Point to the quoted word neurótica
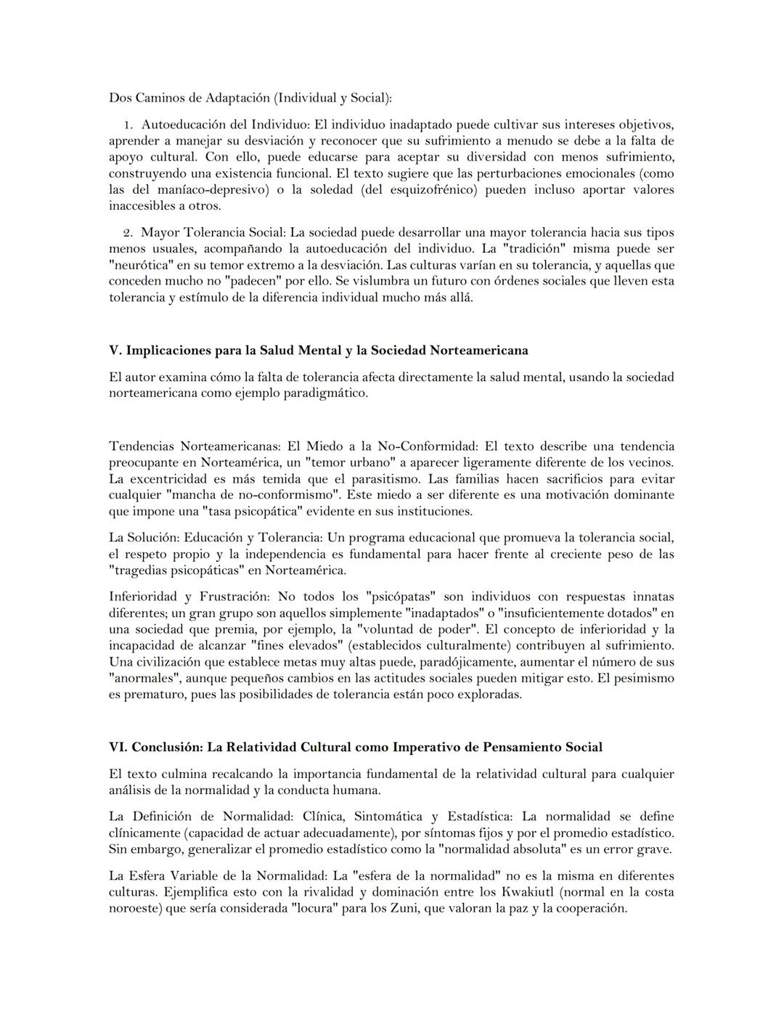pyautogui.click(x=139, y=266)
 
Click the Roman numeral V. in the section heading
pyautogui.click(x=115, y=351)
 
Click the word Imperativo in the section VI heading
pyautogui.click(x=425, y=748)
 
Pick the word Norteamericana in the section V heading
pyautogui.click(x=478, y=351)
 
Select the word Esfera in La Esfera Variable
pyautogui.click(x=152, y=876)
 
